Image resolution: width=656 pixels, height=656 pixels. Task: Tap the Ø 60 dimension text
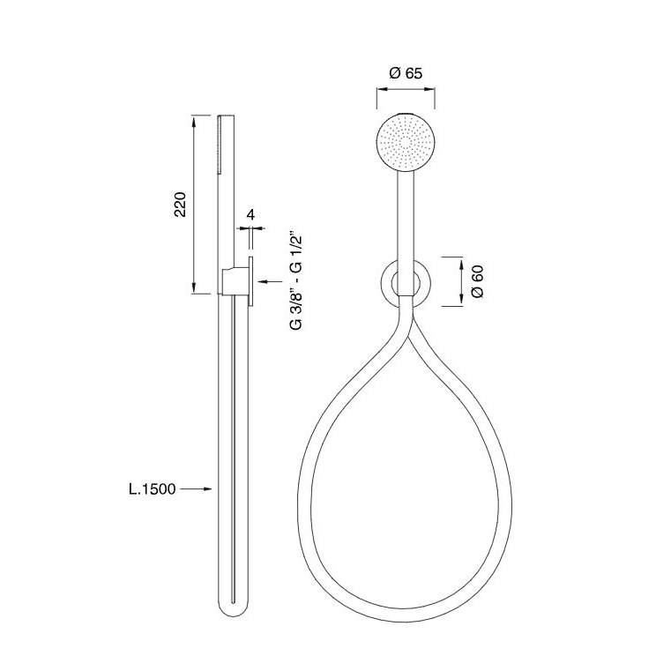pos(476,280)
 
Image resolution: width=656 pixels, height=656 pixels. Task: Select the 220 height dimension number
pos(179,205)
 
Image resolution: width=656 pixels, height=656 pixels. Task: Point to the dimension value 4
pos(250,214)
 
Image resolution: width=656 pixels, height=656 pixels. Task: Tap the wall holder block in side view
pos(234,282)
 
